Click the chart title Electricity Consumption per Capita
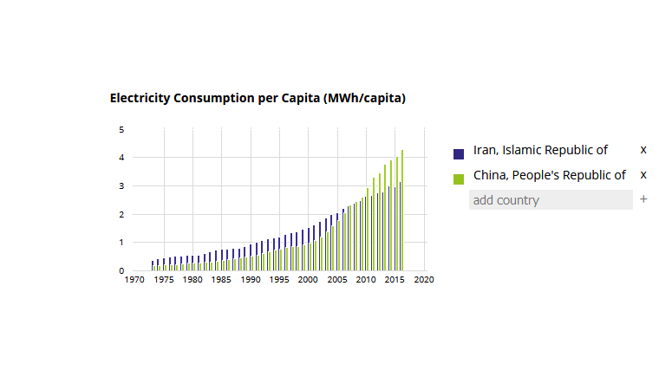258,98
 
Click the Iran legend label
540,150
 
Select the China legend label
549,175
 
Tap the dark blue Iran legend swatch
459,153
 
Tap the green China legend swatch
459,179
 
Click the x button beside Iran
643,150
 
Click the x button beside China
643,175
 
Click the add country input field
551,200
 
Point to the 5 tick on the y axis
121,130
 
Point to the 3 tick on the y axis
121,186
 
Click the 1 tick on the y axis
121,243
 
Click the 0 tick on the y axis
121,270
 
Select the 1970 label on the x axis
134,281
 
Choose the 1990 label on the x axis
250,281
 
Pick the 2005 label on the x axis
336,281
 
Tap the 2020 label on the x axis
424,281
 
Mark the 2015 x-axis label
395,281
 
